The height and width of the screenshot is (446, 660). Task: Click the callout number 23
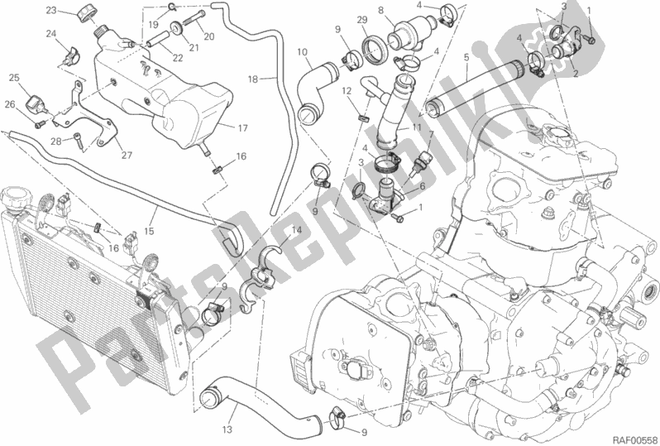tap(51, 10)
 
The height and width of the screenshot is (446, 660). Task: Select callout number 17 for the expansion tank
tap(243, 128)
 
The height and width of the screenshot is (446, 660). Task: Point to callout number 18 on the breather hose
tap(252, 79)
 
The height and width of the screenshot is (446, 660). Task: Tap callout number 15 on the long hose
tap(149, 231)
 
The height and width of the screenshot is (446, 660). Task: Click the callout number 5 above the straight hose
tap(466, 58)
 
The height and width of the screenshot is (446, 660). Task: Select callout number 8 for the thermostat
tap(381, 10)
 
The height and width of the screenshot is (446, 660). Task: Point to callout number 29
tap(362, 20)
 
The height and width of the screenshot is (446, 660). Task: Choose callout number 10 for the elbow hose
tap(302, 53)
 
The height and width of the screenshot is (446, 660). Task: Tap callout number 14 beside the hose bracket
tap(297, 230)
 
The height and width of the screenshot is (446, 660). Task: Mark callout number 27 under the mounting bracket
tap(127, 155)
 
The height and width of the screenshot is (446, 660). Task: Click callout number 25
tap(14, 78)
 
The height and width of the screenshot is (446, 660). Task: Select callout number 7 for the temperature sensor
tap(431, 135)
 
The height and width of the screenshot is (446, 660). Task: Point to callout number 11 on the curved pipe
tap(417, 127)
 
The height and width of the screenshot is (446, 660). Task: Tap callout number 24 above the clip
tap(51, 33)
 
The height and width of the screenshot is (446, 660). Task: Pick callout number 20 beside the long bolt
tap(209, 36)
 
